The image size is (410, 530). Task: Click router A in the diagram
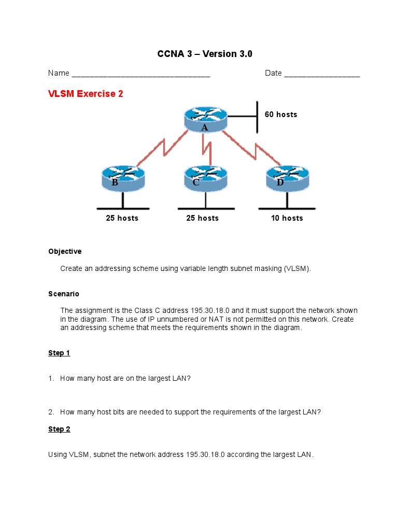point(205,119)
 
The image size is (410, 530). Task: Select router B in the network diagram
point(123,178)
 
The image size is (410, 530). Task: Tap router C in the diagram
point(205,178)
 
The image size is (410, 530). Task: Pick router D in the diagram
point(287,178)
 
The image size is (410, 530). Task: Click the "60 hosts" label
point(281,114)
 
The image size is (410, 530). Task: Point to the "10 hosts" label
point(287,218)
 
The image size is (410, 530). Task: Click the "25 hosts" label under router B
point(122,218)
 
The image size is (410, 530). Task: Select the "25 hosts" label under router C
point(202,218)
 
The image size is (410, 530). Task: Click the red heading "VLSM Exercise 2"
point(86,94)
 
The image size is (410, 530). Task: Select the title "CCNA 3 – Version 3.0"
point(205,54)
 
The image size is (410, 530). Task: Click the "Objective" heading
point(65,251)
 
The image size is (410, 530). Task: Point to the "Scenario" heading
point(64,294)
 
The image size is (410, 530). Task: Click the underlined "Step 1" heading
point(59,353)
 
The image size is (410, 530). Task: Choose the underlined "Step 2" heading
point(59,429)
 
